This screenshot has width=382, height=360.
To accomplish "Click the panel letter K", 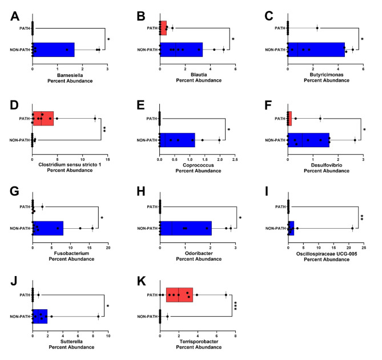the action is coord(141,281).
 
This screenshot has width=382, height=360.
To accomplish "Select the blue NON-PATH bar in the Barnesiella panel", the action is coord(54,50).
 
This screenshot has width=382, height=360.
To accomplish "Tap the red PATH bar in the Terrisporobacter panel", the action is coord(179,295).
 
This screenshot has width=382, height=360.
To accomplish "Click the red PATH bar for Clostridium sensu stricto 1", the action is coord(43,119).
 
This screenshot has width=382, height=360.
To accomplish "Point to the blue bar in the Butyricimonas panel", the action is coord(316,50).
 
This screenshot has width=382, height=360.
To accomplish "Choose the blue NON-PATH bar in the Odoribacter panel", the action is coord(186,228).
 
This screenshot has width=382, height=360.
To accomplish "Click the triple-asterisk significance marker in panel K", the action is coord(236,306).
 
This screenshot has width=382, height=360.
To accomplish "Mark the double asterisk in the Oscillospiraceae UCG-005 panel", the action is coord(362,217).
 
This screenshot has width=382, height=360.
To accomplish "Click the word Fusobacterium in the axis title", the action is coord(71,253).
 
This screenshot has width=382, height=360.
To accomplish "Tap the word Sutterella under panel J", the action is coord(71,342).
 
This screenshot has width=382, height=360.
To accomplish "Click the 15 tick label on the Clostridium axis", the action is coord(108,160).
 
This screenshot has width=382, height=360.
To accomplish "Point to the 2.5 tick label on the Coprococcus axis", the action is coord(235,160).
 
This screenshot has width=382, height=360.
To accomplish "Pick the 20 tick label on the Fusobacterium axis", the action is coord(108,248).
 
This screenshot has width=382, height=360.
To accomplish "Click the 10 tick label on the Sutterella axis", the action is coord(108,336).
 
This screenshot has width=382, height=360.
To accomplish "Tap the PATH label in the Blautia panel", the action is coord(152,28).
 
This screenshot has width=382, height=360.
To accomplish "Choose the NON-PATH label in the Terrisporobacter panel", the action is coord(147,317).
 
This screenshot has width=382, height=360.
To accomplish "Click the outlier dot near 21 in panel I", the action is coord(352,228).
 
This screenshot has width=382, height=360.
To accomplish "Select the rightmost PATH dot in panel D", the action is coord(95,119).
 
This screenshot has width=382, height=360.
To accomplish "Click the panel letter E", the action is coord(141,105).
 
